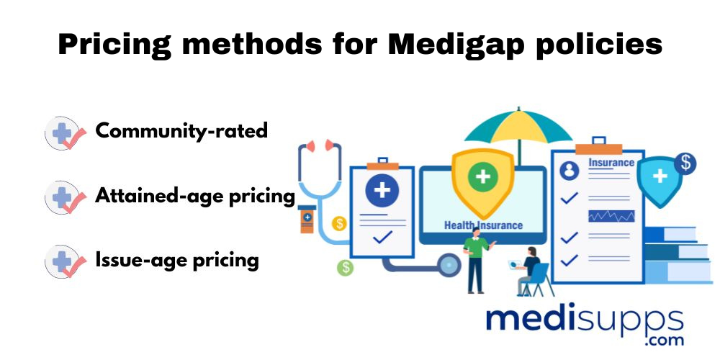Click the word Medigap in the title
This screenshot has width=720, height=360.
tap(455, 45)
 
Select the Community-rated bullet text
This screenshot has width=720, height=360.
tap(181, 131)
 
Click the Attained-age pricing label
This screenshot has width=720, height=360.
tap(194, 196)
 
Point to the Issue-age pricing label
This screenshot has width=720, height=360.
tap(177, 261)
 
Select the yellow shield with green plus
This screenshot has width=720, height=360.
tap(482, 182)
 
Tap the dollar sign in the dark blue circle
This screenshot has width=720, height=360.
tap(685, 163)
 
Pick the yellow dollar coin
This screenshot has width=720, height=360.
tap(339, 224)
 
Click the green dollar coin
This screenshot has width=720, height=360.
tap(346, 267)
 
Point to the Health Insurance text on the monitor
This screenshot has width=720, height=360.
tap(483, 225)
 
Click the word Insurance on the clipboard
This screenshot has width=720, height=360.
tap(611, 163)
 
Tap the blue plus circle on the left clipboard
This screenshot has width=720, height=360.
tap(382, 189)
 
